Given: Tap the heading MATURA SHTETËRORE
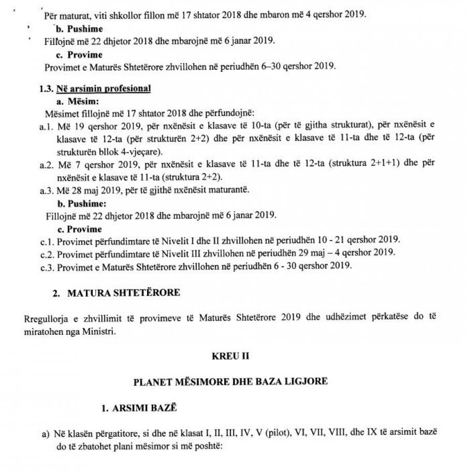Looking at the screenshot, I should pos(124,293).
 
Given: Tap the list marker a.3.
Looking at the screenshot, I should pos(46,190).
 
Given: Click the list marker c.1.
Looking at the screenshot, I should pos(46,241).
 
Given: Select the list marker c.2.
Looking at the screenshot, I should pos(46,254).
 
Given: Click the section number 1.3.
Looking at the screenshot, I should pos(47,89).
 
